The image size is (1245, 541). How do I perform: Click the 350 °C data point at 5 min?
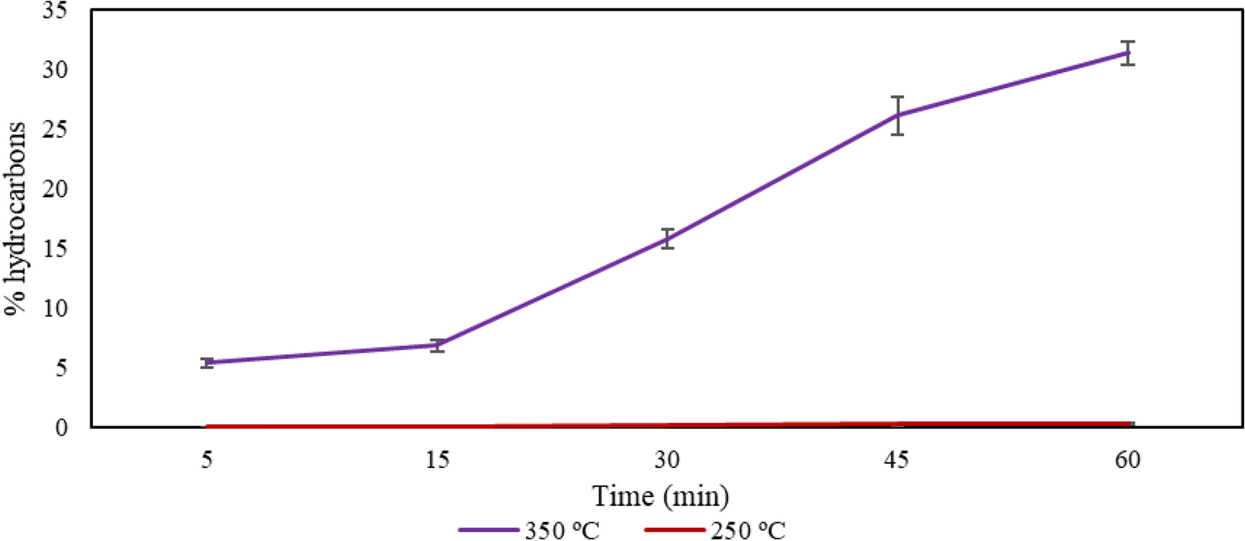click(207, 363)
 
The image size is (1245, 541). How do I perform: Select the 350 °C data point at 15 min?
click(437, 345)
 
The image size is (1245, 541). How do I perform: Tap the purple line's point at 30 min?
click(668, 239)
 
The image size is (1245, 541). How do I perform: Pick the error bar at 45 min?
click(897, 115)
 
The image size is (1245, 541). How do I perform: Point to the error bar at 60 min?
click(1127, 52)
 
